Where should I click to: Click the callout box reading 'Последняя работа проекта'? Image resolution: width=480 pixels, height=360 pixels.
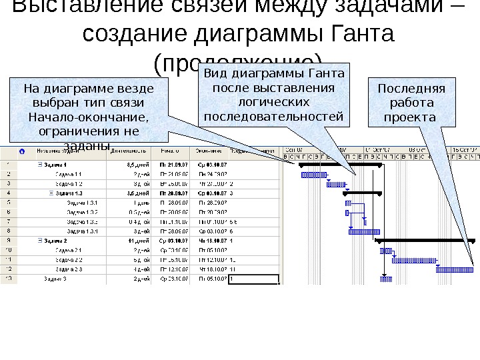[411, 103]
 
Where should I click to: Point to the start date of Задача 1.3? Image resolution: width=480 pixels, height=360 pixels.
[171, 193]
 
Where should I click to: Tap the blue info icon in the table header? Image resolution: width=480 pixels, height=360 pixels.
[23, 151]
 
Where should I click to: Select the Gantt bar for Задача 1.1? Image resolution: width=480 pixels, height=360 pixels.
[311, 175]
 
